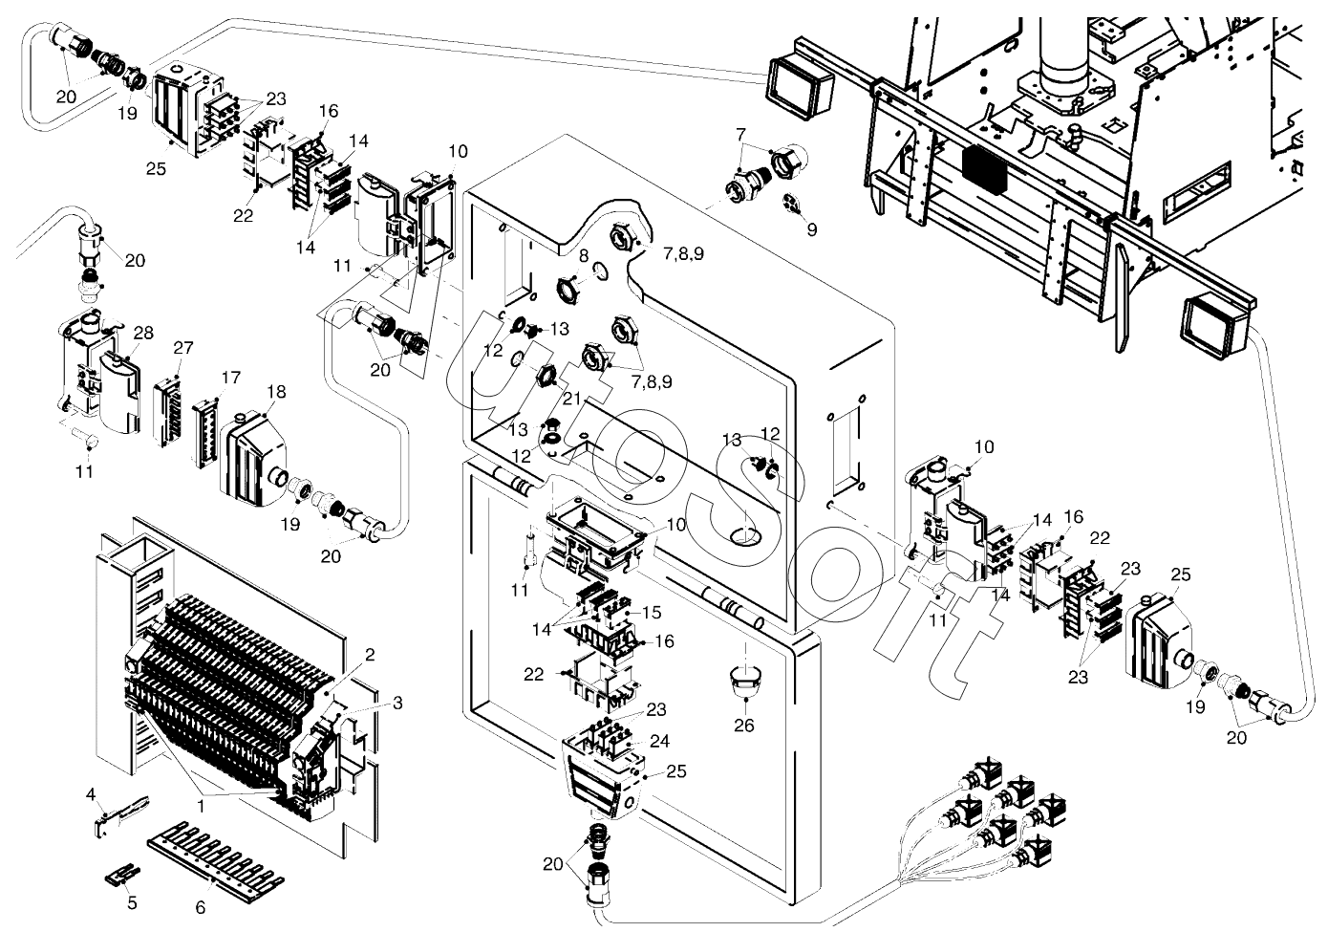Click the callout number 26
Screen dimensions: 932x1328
(743, 726)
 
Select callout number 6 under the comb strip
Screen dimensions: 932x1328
(201, 907)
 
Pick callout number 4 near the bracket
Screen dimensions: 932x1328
(92, 794)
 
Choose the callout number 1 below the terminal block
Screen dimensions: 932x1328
(202, 807)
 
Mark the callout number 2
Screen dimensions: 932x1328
(370, 655)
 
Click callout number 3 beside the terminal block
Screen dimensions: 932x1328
(397, 703)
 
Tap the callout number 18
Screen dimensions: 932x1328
(276, 392)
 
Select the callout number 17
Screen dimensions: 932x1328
(230, 378)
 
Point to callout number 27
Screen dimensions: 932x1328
(183, 347)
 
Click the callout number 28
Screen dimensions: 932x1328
(143, 333)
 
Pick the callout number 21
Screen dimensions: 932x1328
(571, 397)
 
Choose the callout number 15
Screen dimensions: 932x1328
(652, 612)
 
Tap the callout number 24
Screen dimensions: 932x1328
(659, 740)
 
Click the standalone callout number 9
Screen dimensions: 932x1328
(811, 229)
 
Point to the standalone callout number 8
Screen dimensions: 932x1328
(584, 255)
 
